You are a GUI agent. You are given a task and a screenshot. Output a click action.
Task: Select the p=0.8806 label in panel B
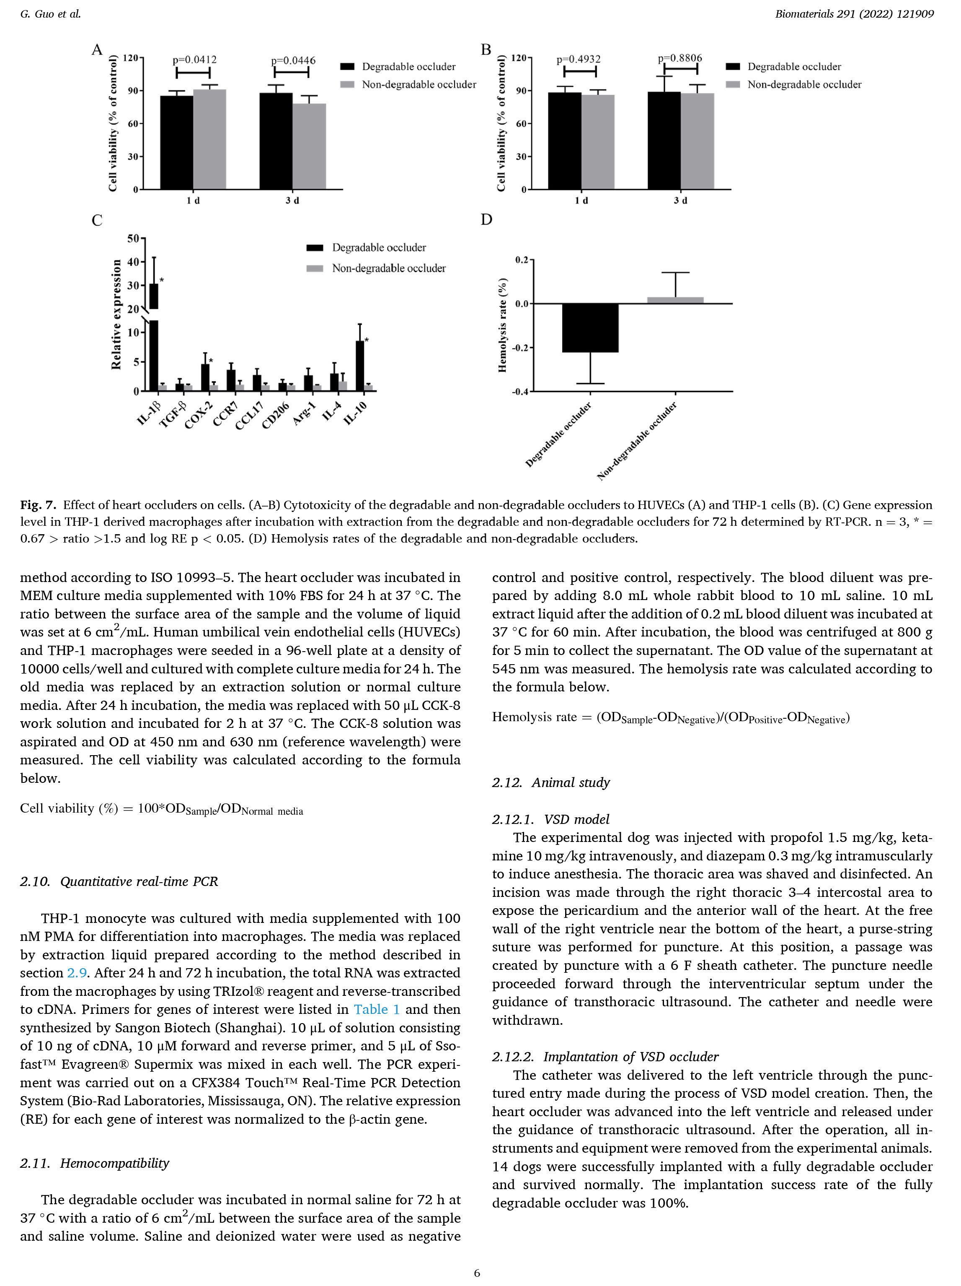[680, 58]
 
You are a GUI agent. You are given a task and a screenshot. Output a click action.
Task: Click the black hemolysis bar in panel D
[590, 328]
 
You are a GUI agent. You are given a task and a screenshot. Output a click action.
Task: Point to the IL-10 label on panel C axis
[356, 413]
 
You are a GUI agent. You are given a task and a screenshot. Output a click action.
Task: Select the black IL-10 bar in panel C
[360, 366]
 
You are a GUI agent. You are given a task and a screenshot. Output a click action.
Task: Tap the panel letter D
[486, 220]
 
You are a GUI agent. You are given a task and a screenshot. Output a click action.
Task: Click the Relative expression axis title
[116, 314]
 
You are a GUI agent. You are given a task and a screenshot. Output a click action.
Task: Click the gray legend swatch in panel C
[314, 268]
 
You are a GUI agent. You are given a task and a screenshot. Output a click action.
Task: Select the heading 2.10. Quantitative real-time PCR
[119, 881]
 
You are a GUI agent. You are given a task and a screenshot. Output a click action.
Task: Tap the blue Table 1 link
[377, 1009]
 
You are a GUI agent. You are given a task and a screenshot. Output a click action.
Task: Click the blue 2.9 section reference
[77, 973]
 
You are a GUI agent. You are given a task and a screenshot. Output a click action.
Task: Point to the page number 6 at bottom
[477, 1273]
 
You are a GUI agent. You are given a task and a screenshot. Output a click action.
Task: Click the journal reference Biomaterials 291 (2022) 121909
[854, 14]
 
